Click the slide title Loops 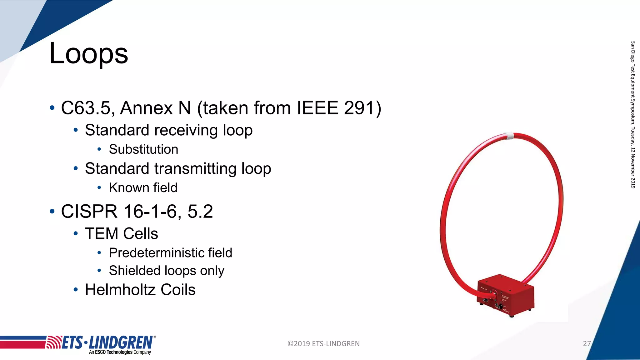coord(89,54)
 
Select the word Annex coord(147,108)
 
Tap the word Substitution coord(143,149)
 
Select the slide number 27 coord(587,344)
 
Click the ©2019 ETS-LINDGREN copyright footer coord(323,344)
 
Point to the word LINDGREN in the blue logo coord(121,343)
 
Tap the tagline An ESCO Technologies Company coord(120,352)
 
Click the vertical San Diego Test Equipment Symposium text coord(633,114)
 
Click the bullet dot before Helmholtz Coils coord(76,290)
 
